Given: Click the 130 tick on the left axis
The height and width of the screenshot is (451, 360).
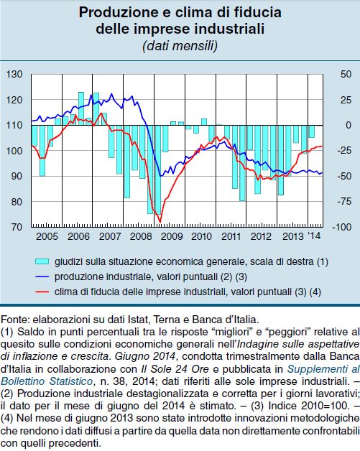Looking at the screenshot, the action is coord(14,74).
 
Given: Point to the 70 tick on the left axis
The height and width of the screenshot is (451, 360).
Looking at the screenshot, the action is coord(17,227).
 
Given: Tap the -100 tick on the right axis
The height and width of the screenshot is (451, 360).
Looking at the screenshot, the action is coord(342,227).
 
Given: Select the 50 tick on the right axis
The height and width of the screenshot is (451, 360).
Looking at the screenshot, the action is coord(346,74).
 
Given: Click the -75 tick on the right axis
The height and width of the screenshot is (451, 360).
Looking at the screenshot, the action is coord(344,201).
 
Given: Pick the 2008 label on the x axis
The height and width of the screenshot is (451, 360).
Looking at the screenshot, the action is coord(141,236).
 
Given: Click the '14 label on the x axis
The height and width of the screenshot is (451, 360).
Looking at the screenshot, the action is coord(314,236).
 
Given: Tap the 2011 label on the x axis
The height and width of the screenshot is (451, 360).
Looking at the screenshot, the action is coord(231,236).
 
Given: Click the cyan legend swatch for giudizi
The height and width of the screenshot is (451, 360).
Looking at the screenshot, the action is coord(42,261).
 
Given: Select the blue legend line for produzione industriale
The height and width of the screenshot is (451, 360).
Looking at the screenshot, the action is coord(42,276).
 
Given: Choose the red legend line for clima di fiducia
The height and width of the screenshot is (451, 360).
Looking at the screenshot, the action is coord(42,292).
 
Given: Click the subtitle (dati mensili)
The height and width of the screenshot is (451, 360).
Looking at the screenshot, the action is coord(180,46).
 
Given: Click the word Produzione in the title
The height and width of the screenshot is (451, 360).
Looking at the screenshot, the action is coord(116,13).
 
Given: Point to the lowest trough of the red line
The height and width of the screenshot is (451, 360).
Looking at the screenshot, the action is coord(160,223).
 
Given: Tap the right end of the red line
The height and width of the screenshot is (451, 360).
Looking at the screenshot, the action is coord(322,146).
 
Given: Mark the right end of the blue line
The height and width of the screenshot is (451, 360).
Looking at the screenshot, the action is coord(322,172).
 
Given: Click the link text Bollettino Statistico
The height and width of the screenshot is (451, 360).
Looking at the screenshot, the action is coord(46,381).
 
